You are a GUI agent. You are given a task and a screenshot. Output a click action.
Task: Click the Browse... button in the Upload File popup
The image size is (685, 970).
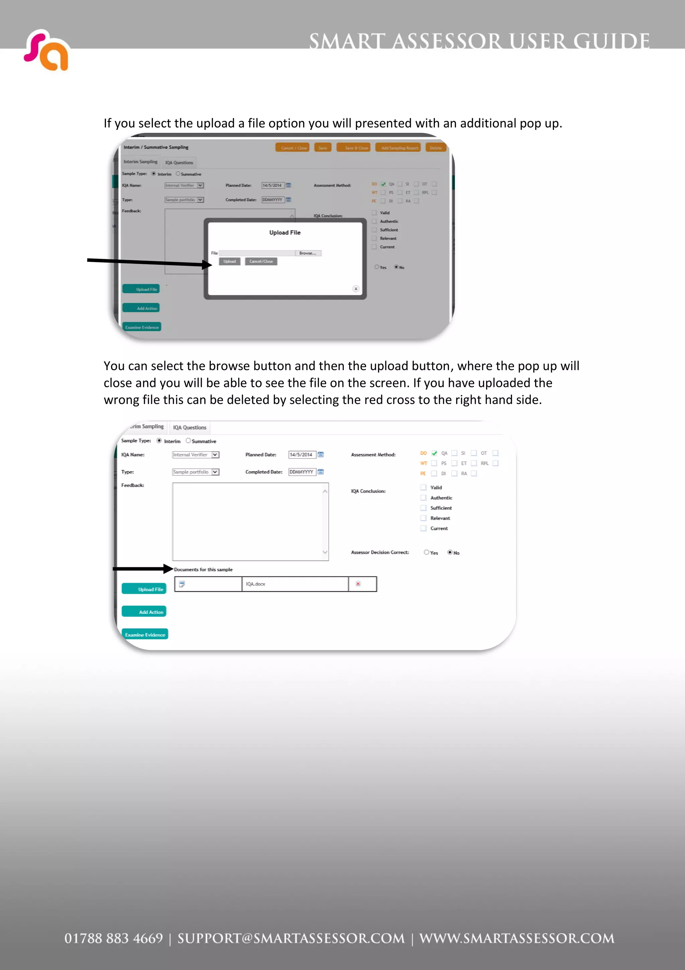coord(308,253)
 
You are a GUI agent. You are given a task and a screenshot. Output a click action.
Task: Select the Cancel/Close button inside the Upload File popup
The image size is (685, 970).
coord(261,261)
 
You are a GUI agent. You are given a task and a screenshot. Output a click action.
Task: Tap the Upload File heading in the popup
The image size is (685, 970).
coord(285,232)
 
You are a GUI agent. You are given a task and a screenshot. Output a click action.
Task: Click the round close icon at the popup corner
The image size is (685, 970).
coord(356,289)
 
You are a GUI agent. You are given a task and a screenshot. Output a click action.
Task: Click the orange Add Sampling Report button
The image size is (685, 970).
coord(399,148)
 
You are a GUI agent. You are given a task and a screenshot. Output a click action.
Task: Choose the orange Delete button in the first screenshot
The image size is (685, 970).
coord(435,148)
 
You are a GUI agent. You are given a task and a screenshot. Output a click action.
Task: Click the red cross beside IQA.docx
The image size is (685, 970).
coord(358,584)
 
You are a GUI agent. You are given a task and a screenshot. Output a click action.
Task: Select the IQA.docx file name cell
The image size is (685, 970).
coord(295,584)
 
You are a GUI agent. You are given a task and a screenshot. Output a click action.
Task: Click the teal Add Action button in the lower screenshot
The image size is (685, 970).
coord(144,612)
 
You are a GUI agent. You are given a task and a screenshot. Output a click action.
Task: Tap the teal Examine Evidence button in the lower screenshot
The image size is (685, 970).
coord(145,635)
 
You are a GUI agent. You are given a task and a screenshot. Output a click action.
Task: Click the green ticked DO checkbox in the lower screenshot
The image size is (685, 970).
coord(434,453)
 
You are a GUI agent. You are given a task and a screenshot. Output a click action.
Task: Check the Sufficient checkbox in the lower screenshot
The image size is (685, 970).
coord(423,508)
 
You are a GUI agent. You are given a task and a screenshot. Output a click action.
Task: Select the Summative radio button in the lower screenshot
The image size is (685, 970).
coord(188,440)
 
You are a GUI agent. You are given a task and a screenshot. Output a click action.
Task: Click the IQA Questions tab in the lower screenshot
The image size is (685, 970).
coord(190,427)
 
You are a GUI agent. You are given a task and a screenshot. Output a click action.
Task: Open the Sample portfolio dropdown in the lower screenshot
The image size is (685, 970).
coord(215,472)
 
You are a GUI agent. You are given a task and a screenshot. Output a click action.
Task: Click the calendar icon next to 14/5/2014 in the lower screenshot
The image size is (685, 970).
coord(321,455)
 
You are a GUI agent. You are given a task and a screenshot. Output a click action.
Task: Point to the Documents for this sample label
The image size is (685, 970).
coord(203,569)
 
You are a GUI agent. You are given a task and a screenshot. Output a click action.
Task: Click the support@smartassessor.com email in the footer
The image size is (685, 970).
coord(291,938)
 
